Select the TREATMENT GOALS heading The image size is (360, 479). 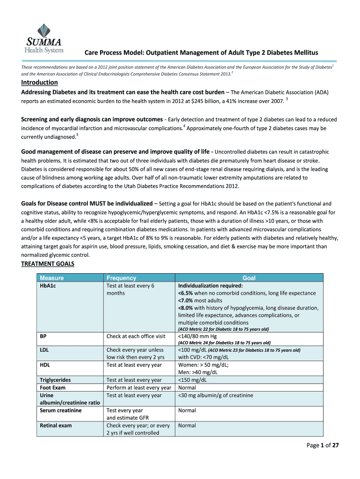click(x=48, y=264)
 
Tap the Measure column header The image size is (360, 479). click(x=52, y=278)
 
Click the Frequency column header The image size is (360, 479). click(x=121, y=278)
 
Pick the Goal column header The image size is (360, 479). click(x=249, y=278)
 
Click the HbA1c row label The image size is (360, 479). click(x=48, y=286)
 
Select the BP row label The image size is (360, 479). click(x=43, y=336)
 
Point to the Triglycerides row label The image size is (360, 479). click(x=56, y=380)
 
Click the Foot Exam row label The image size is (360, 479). click(x=53, y=388)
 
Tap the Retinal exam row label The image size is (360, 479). click(x=56, y=426)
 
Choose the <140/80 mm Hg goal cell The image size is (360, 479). click(x=197, y=336)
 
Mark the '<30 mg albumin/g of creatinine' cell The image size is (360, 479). click(x=216, y=395)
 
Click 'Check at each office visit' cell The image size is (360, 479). click(x=136, y=336)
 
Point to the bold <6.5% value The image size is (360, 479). click(x=186, y=293)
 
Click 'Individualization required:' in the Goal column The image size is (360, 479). click(x=210, y=286)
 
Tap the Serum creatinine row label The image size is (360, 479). click(x=60, y=410)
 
